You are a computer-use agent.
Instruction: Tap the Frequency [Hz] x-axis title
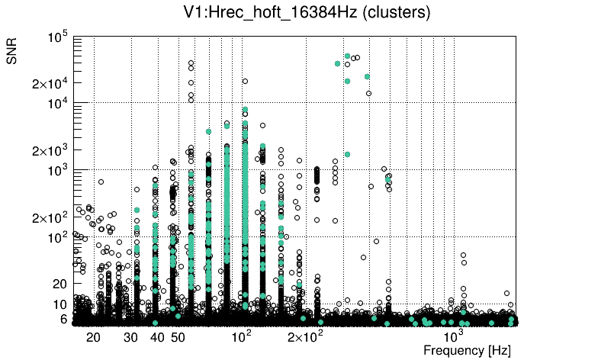(x=467, y=350)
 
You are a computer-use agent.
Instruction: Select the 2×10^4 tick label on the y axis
(x=51, y=84)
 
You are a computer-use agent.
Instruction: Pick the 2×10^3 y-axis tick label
(x=51, y=151)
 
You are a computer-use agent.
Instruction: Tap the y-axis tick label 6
(x=65, y=320)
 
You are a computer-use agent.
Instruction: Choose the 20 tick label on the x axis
(x=93, y=337)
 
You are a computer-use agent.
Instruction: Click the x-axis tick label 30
(x=132, y=337)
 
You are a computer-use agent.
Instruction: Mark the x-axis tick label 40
(x=158, y=337)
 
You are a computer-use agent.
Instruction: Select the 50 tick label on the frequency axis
(x=178, y=337)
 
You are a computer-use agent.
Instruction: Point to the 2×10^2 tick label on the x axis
(x=305, y=337)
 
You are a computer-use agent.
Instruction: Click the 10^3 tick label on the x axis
(x=455, y=336)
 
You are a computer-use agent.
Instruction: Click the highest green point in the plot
(x=347, y=56)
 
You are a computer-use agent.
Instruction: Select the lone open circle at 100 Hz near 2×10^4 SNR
(x=245, y=81)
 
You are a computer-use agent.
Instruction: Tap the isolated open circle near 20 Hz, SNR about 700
(x=101, y=182)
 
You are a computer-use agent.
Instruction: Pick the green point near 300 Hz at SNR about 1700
(x=347, y=154)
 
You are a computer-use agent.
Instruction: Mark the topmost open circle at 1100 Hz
(x=462, y=255)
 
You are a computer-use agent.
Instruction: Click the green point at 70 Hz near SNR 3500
(x=209, y=131)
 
